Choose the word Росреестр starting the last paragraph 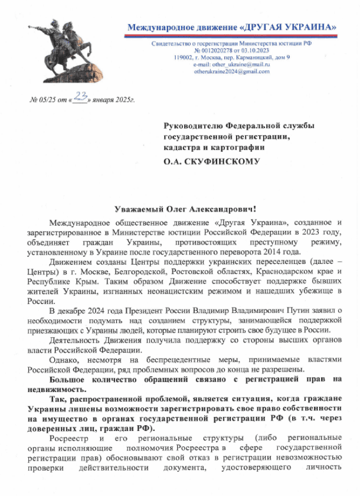[x=68, y=438]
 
